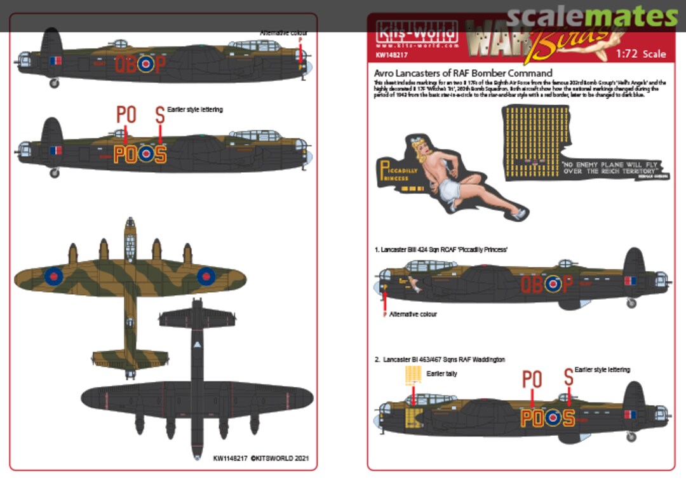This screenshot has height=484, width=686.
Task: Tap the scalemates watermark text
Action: tap(593, 17)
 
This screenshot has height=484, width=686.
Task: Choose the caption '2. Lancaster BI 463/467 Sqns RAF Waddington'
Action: tap(440, 360)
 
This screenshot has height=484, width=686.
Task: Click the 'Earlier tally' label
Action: tap(442, 374)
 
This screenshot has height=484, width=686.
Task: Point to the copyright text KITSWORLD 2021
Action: tap(261, 457)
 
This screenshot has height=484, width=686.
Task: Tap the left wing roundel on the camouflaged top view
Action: tap(53, 276)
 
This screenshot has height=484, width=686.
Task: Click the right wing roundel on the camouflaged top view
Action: tap(206, 276)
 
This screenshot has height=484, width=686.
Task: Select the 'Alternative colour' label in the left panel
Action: tap(283, 33)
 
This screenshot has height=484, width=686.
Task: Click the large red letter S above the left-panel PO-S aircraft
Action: tap(160, 115)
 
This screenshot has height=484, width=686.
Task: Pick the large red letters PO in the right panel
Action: tap(532, 379)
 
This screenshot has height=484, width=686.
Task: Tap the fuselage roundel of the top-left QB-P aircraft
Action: tap(146, 63)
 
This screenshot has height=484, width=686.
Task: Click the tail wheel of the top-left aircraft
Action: tap(54, 83)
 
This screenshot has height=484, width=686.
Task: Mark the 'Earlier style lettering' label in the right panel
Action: tap(602, 370)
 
